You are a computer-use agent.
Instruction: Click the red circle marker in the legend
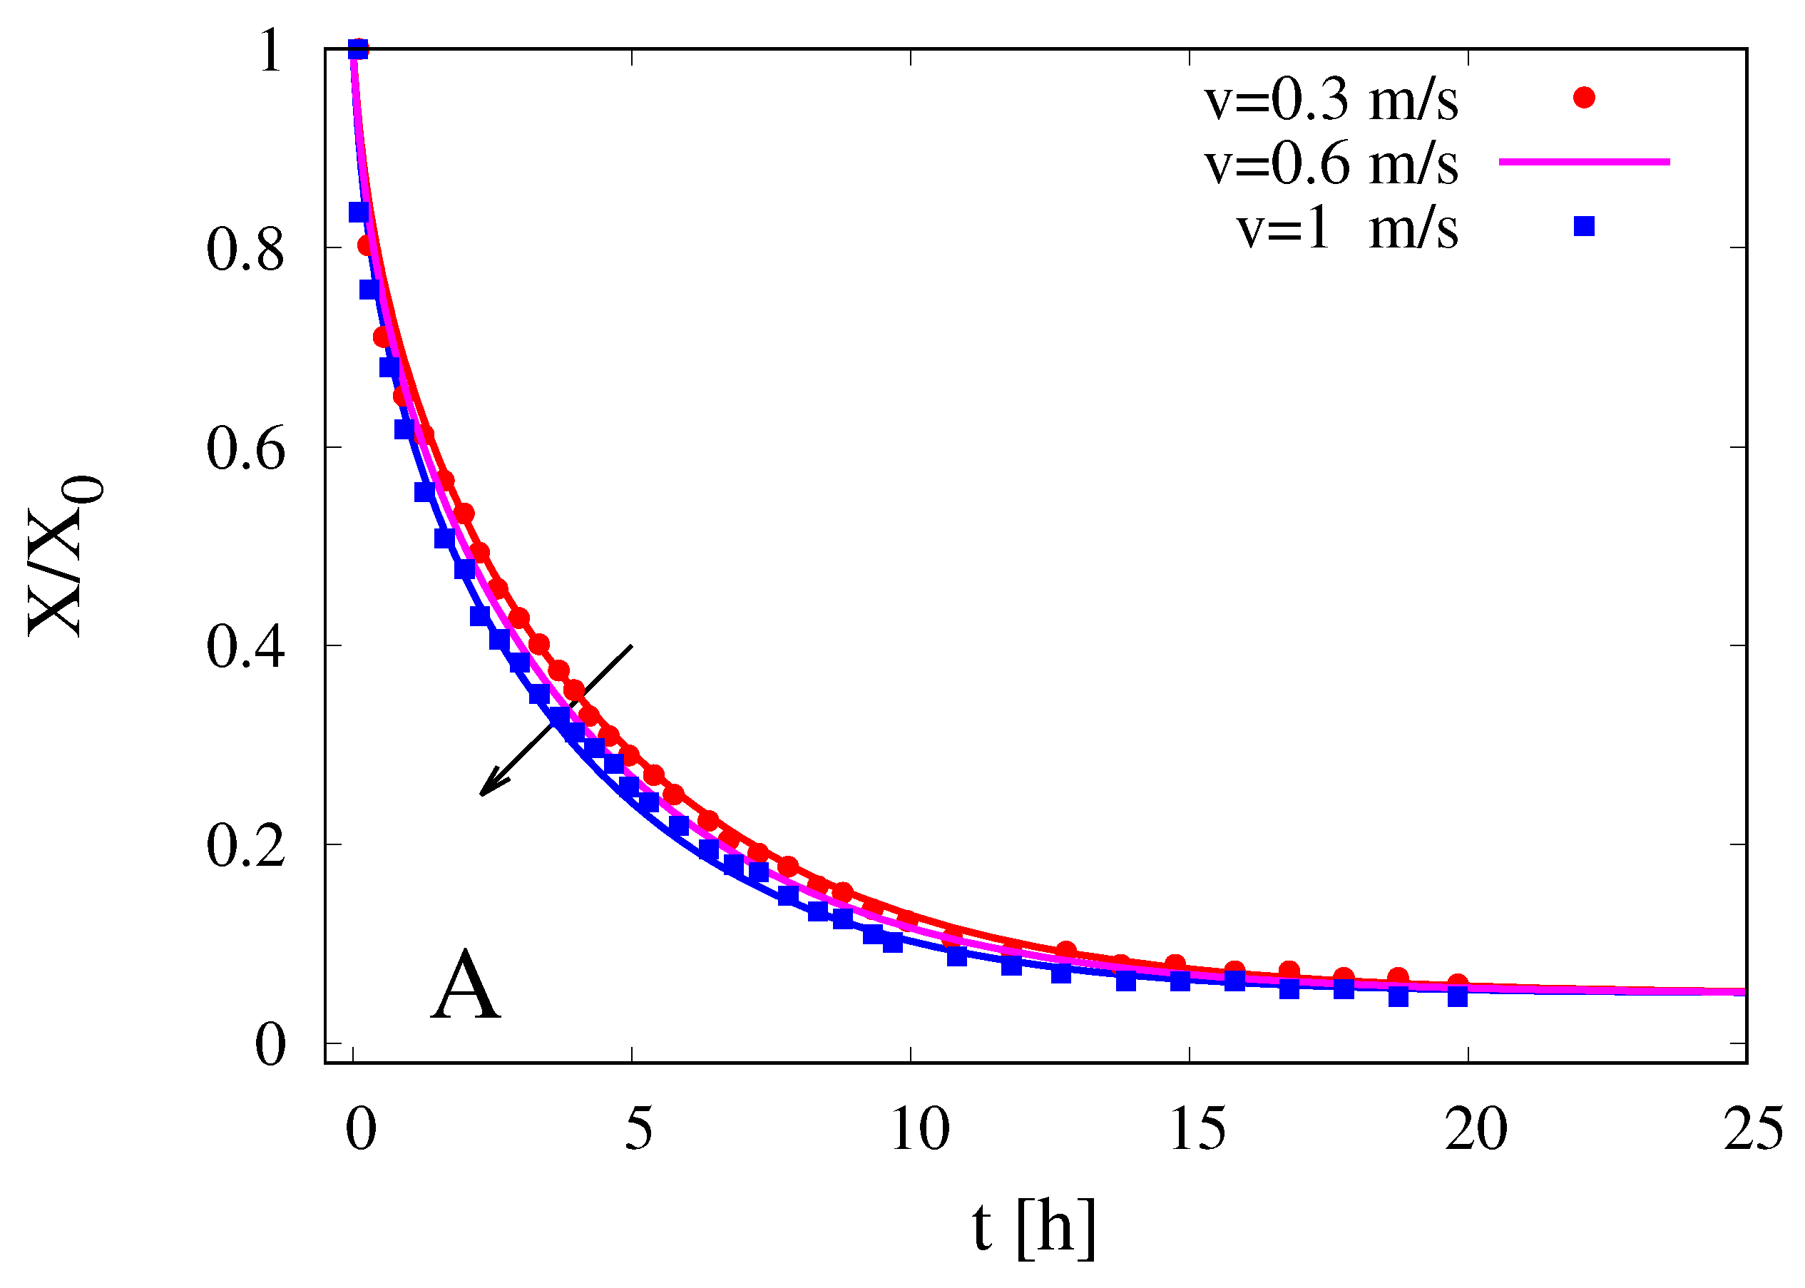tap(1584, 98)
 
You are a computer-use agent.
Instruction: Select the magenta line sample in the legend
tap(1584, 162)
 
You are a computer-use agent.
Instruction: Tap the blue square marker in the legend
tap(1584, 227)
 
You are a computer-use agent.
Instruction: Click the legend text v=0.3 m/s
tap(1331, 101)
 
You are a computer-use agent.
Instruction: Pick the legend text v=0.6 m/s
tap(1331, 165)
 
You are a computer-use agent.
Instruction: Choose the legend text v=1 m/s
tap(1346, 230)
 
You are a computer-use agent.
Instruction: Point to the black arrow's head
tap(484, 792)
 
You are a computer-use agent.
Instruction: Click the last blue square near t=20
tap(1457, 997)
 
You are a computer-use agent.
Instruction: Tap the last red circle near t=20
tap(1457, 983)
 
